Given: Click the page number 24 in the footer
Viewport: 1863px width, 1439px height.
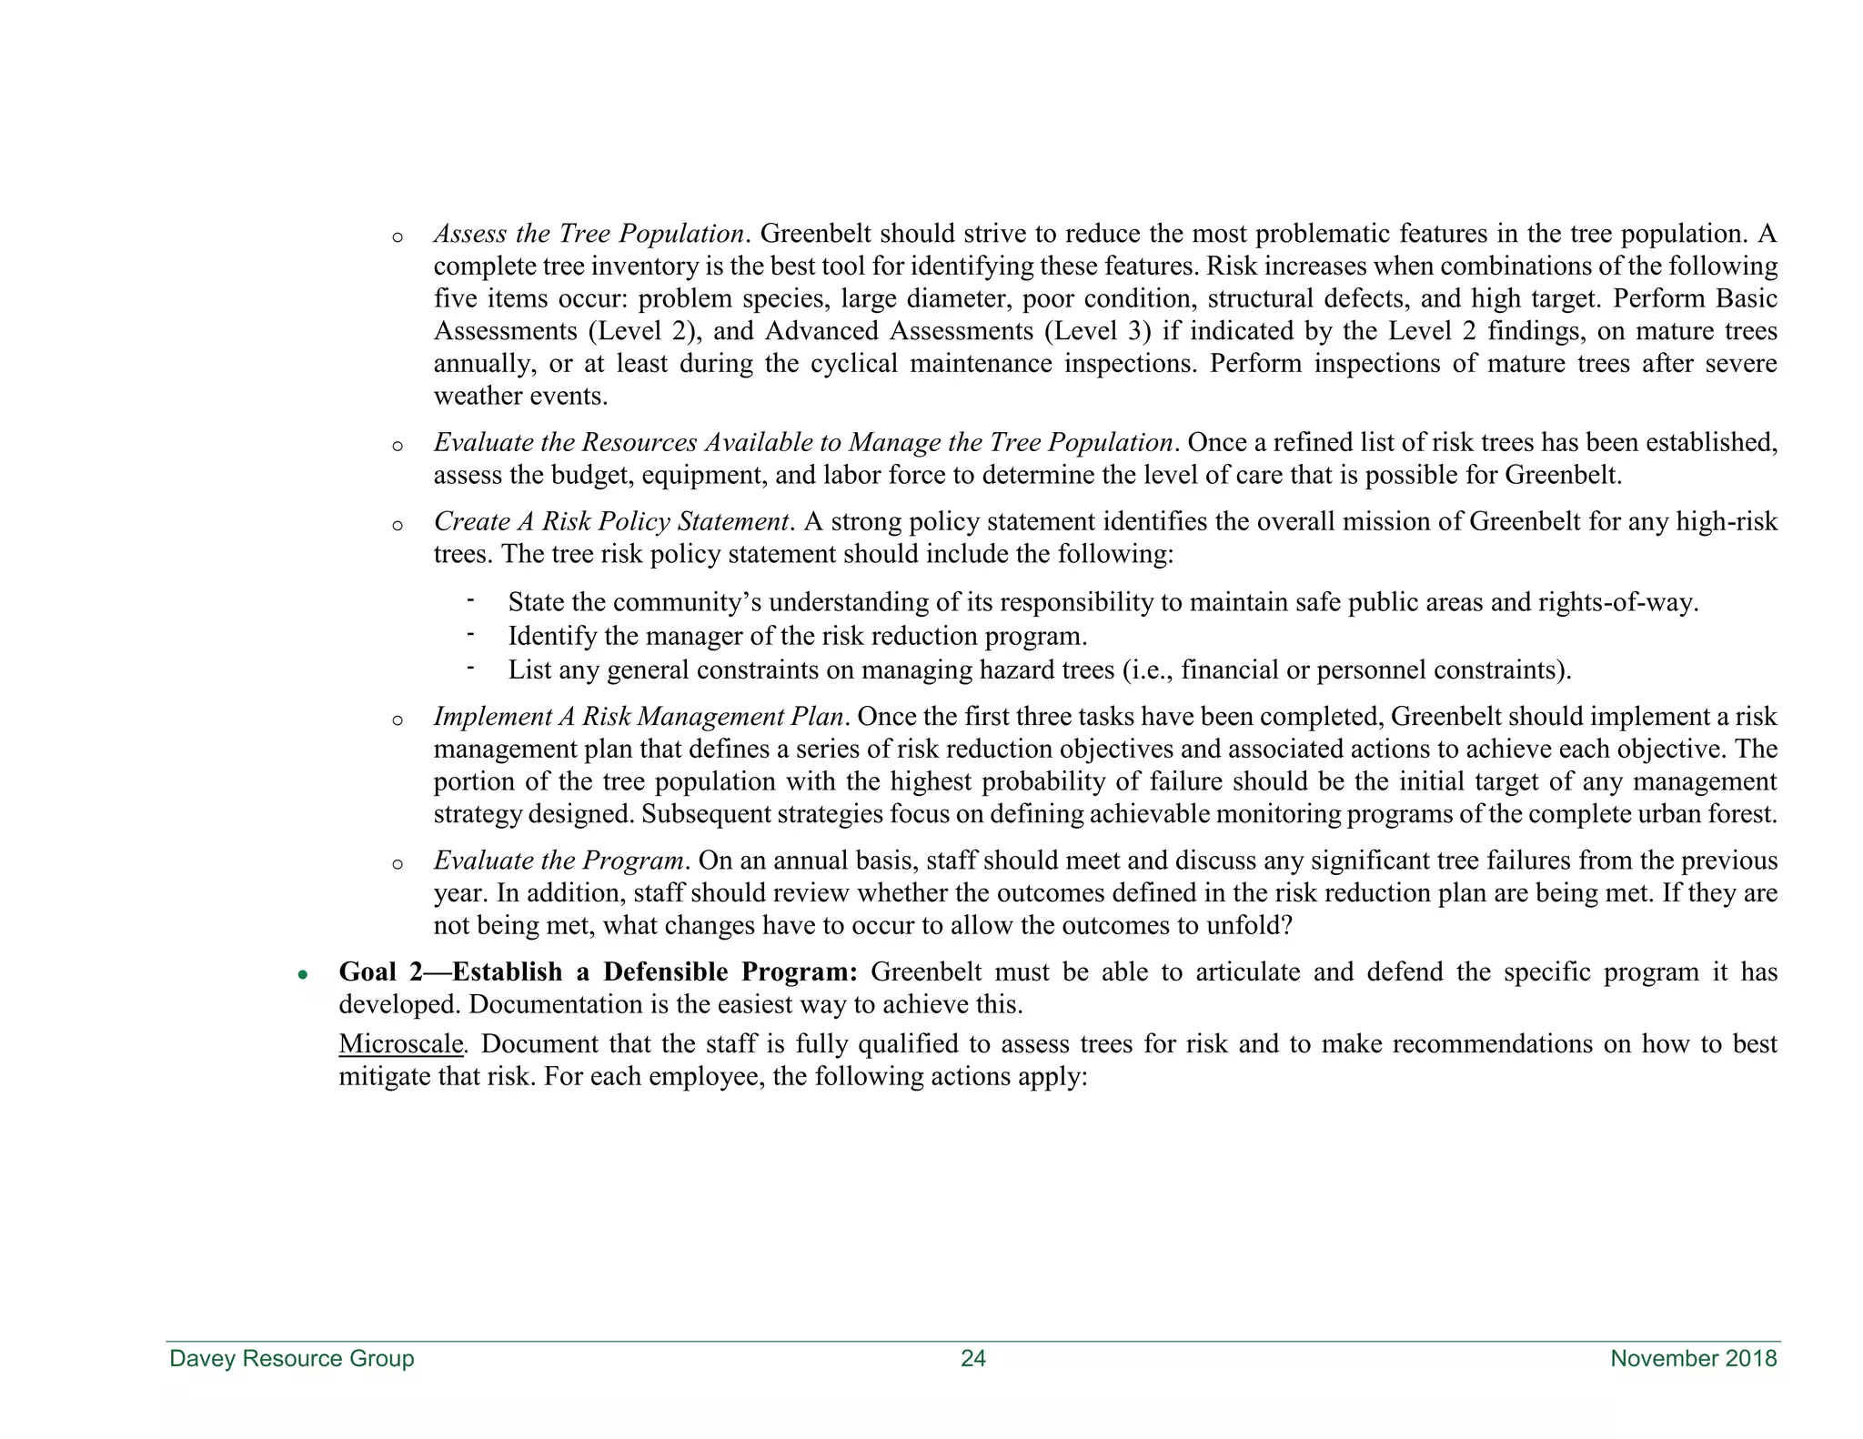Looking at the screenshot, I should tap(972, 1359).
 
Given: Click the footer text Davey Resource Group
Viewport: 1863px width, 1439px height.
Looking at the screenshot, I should tap(292, 1359).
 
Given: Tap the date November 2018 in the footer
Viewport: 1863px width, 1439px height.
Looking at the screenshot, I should tap(1693, 1359).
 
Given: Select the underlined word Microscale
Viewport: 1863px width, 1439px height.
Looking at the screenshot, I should tap(401, 1044).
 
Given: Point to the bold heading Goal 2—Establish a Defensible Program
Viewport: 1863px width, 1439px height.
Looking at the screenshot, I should tap(598, 972).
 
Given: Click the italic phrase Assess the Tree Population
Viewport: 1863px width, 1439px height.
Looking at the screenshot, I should tap(589, 235).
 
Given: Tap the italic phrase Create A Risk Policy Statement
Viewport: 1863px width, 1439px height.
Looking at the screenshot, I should tap(610, 522).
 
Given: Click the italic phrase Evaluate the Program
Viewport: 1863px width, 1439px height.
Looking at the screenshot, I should tap(559, 860).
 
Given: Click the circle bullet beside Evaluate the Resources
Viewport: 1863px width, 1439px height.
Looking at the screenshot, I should tap(397, 447).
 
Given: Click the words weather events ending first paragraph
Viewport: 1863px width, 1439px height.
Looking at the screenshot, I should tap(520, 397).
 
